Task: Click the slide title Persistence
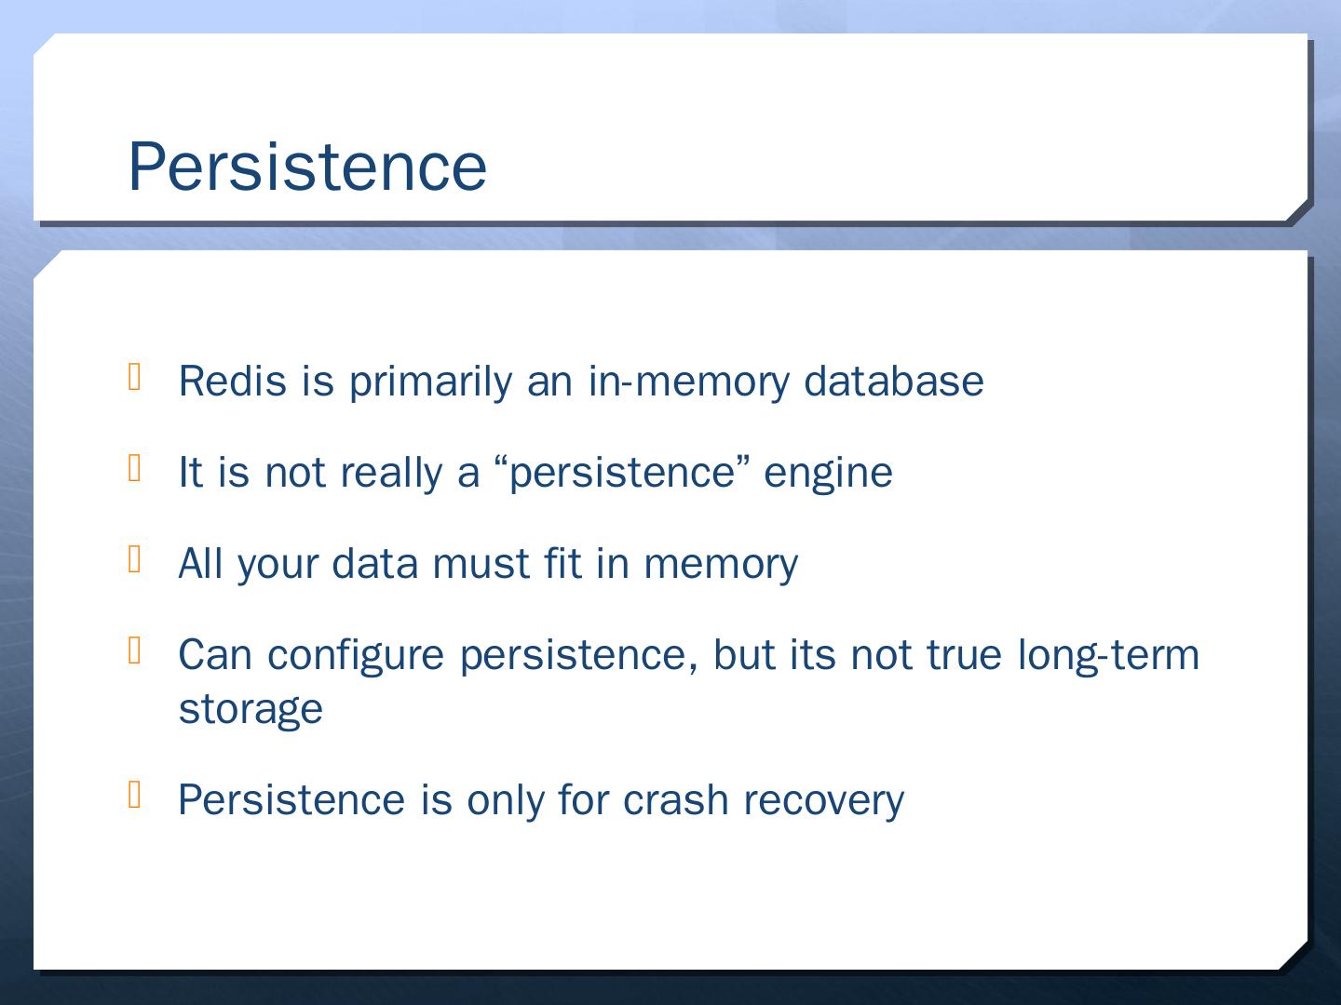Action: (x=307, y=167)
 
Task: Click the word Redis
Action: (x=233, y=381)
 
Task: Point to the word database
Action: (x=894, y=381)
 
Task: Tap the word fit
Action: (x=562, y=563)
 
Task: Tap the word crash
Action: (x=676, y=800)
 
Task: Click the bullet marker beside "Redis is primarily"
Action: (x=135, y=376)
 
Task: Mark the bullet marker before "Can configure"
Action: (x=135, y=650)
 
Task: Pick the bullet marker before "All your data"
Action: (x=135, y=559)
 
